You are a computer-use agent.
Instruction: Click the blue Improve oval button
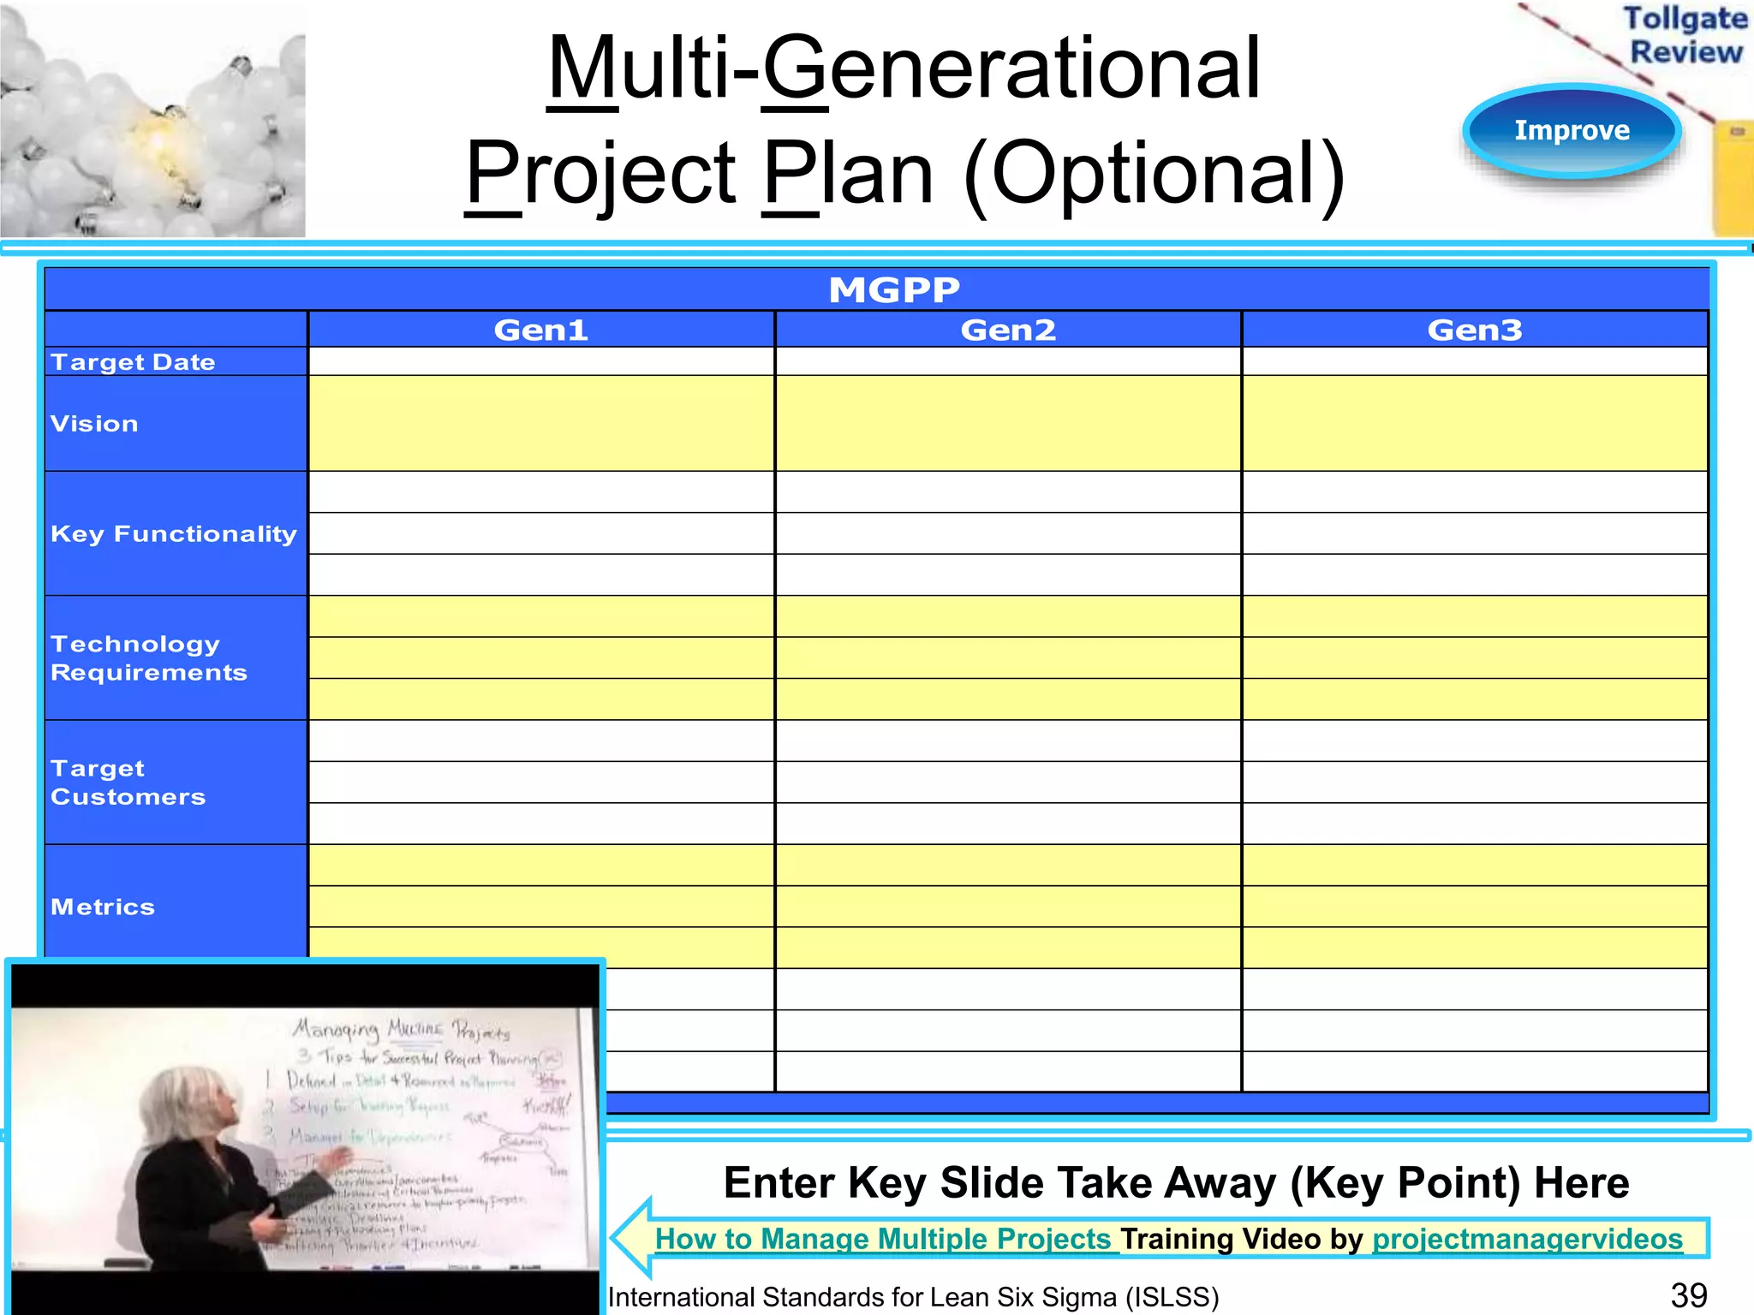(x=1572, y=130)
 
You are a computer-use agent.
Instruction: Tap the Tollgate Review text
(x=1685, y=35)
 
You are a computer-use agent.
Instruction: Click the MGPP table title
(x=894, y=290)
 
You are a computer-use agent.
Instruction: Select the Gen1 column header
(x=541, y=330)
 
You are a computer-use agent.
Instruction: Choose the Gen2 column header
(x=1008, y=330)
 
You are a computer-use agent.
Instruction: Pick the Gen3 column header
(x=1475, y=330)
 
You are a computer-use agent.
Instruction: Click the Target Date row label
(x=133, y=362)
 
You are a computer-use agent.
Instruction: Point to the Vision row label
(x=94, y=424)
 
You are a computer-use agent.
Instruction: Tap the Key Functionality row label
(x=173, y=534)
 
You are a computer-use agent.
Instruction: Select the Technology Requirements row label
(x=148, y=658)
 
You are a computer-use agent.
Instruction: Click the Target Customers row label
(x=128, y=782)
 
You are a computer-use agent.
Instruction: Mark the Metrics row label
(x=103, y=907)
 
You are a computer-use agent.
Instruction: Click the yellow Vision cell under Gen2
(x=1008, y=424)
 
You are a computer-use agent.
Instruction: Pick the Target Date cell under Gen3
(x=1475, y=362)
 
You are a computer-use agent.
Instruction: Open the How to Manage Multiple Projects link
(x=882, y=1239)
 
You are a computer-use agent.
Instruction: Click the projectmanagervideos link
(x=1527, y=1239)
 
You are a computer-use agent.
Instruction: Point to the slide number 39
(x=1688, y=1295)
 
